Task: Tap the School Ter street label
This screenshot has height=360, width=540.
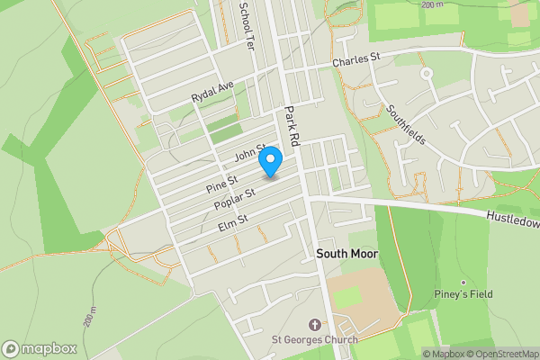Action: (x=245, y=24)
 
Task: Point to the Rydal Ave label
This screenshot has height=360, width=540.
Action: (x=212, y=91)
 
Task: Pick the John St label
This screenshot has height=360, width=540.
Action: (x=251, y=154)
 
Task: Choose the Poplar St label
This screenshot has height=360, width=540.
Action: (x=235, y=199)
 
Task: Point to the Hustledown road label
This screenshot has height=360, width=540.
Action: (x=512, y=219)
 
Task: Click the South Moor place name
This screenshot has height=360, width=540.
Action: (x=347, y=255)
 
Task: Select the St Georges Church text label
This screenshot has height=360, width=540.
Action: (x=315, y=339)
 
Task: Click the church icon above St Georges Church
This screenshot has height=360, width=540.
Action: (x=314, y=324)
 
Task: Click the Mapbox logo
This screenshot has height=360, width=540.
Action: (x=39, y=348)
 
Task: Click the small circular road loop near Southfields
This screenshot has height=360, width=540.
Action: (x=427, y=73)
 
